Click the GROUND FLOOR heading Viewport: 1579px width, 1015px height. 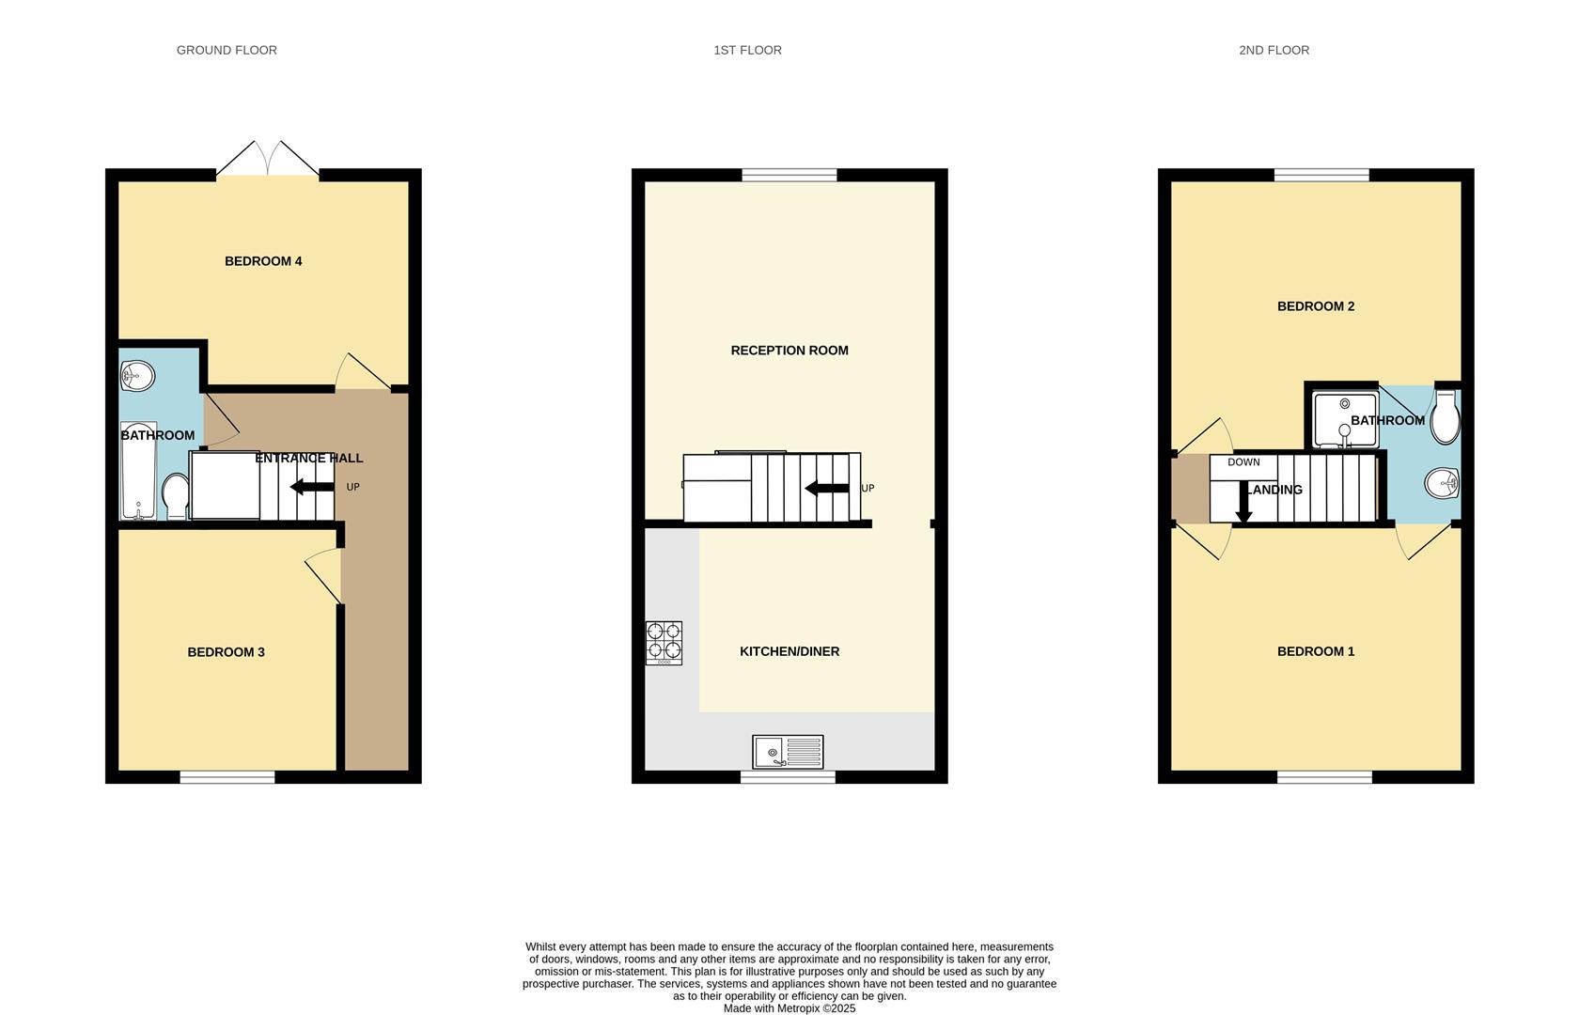(227, 50)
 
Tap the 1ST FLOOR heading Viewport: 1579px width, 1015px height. (747, 50)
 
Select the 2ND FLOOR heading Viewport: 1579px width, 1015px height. (1274, 50)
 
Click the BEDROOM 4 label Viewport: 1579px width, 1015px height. (263, 261)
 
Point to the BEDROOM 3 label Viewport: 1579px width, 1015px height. (226, 652)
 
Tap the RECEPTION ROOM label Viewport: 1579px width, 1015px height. (789, 351)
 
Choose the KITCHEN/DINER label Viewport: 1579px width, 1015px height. (789, 651)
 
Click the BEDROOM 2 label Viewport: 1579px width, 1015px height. (1316, 306)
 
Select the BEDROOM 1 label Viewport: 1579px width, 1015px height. (1316, 651)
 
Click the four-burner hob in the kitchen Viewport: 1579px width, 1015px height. (664, 643)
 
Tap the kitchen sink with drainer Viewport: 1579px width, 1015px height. (788, 752)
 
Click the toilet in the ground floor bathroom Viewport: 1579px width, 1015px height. (175, 495)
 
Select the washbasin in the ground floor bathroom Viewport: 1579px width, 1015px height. (137, 377)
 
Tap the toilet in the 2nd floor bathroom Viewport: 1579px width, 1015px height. (1445, 419)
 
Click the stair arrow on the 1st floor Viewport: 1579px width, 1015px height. (827, 488)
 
